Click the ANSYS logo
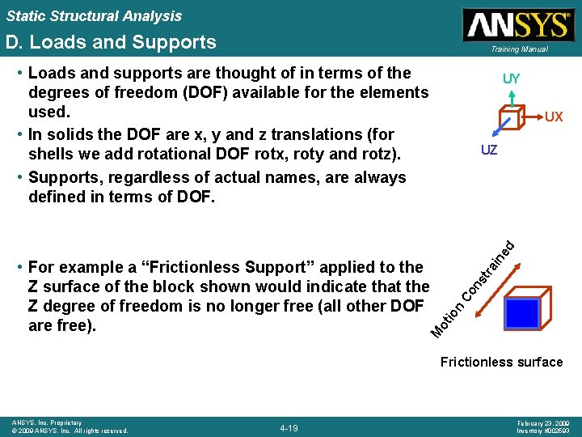point(517,25)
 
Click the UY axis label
point(511,79)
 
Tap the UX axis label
point(554,117)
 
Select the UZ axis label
point(489,151)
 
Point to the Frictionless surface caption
point(501,362)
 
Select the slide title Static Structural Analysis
point(94,16)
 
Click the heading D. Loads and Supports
point(111,42)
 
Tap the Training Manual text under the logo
point(517,49)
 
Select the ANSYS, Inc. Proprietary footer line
point(47,422)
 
